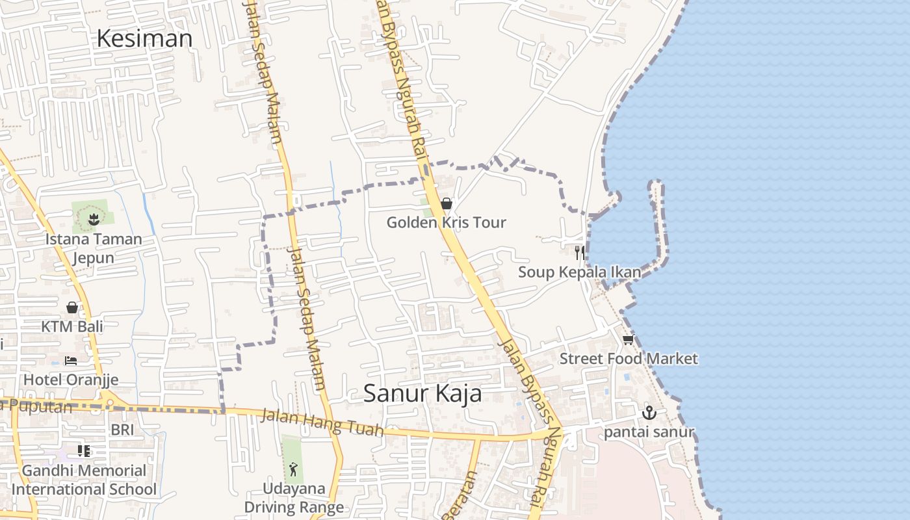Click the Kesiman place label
pos(144,38)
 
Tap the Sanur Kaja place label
pos(422,393)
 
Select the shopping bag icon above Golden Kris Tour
pos(447,203)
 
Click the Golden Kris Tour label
pos(446,222)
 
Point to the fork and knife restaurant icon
pos(579,252)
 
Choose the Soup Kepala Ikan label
pos(579,272)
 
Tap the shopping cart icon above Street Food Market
pos(628,340)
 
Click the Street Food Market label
pos(629,359)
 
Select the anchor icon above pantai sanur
pos(649,413)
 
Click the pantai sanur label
pos(649,432)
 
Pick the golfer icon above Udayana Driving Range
pos(294,469)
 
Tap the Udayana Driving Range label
pos(294,498)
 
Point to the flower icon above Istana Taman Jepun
pos(94,219)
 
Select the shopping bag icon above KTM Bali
pos(72,307)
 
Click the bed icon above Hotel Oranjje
pos(71,360)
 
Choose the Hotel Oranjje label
pos(71,380)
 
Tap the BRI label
pos(122,430)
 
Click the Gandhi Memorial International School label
pos(84,480)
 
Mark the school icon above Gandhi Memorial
pos(84,450)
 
